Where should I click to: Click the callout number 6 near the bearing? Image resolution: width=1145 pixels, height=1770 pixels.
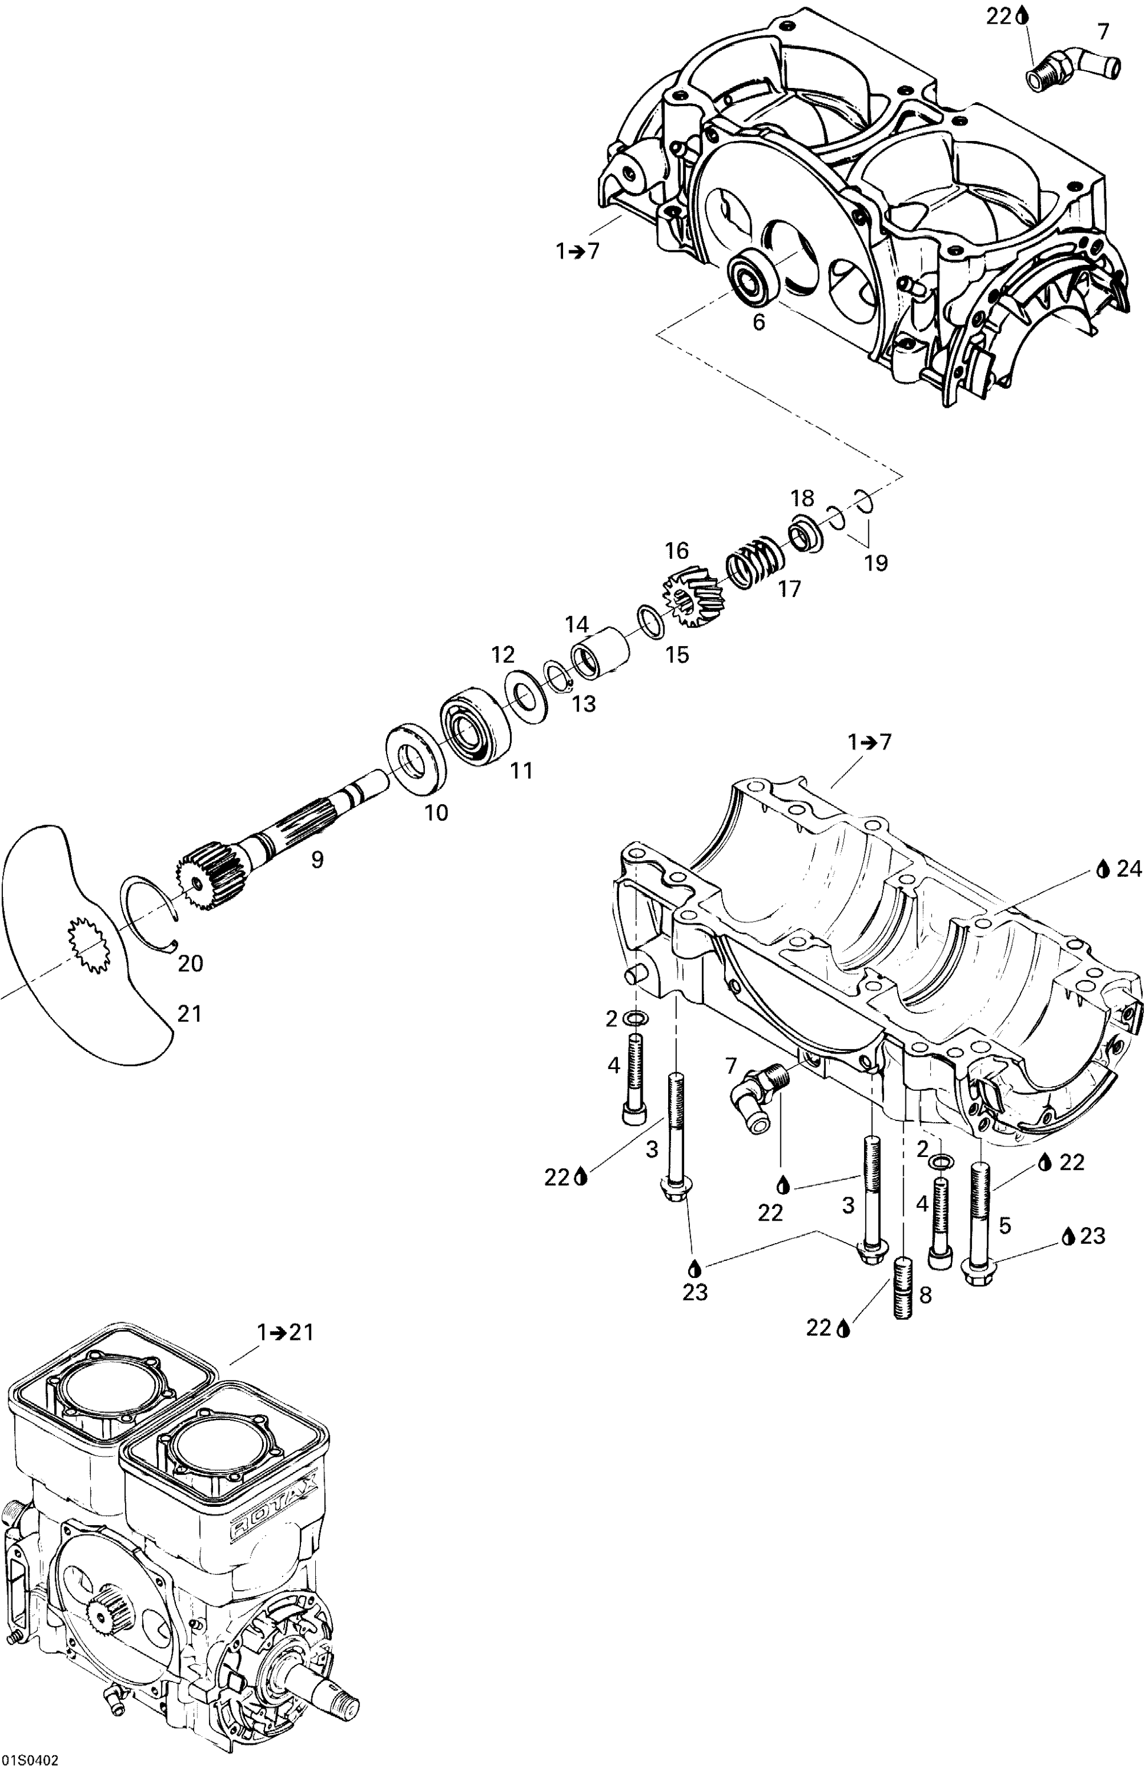pyautogui.click(x=758, y=323)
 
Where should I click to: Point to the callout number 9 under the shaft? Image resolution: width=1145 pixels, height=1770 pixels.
pyautogui.click(x=318, y=860)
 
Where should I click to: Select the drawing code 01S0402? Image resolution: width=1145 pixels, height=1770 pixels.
pyautogui.click(x=30, y=1761)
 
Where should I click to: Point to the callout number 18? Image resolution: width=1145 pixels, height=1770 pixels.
pyautogui.click(x=802, y=498)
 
